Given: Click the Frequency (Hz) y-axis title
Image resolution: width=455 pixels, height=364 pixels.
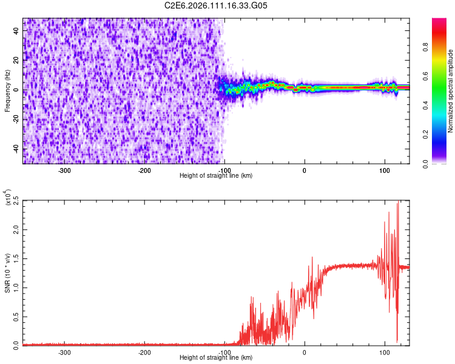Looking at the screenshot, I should tap(7, 91).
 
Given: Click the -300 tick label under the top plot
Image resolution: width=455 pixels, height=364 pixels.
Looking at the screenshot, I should tap(64, 170).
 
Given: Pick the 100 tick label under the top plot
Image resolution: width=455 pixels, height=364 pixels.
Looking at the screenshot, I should tap(384, 170).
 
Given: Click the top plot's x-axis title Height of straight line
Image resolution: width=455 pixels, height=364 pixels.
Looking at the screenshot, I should tap(216, 175).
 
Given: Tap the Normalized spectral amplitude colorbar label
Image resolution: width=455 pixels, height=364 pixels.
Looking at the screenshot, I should tap(450, 91).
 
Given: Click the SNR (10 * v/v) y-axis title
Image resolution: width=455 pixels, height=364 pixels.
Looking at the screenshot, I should tap(7, 273).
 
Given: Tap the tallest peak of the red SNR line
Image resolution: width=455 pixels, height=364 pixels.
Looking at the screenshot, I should tap(398, 203).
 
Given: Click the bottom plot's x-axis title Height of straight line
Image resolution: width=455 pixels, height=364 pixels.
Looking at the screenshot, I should tap(216, 358).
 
